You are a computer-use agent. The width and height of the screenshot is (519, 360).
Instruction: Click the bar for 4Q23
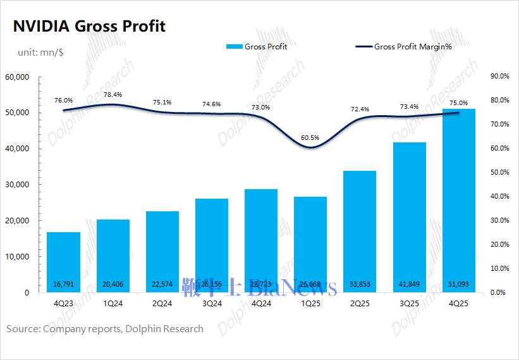click(x=63, y=262)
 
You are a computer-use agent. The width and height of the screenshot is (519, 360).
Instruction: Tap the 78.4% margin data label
click(x=113, y=94)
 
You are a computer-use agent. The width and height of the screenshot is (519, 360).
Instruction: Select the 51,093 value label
click(x=458, y=283)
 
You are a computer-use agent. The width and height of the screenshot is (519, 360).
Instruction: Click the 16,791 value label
click(x=63, y=283)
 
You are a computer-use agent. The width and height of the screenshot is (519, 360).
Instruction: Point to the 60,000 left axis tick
click(x=17, y=77)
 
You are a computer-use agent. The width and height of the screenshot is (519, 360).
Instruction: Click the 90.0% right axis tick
click(x=499, y=77)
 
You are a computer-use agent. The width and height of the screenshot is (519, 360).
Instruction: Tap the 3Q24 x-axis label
click(x=211, y=303)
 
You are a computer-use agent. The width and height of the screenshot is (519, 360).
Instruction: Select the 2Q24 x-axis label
click(x=162, y=303)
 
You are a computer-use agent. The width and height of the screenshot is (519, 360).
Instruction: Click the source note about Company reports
click(x=105, y=328)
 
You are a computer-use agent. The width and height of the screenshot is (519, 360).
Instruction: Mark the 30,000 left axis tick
click(x=17, y=185)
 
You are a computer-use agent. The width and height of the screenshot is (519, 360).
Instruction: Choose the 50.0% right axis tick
click(x=499, y=173)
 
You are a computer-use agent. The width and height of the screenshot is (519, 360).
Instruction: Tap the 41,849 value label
click(x=409, y=283)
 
